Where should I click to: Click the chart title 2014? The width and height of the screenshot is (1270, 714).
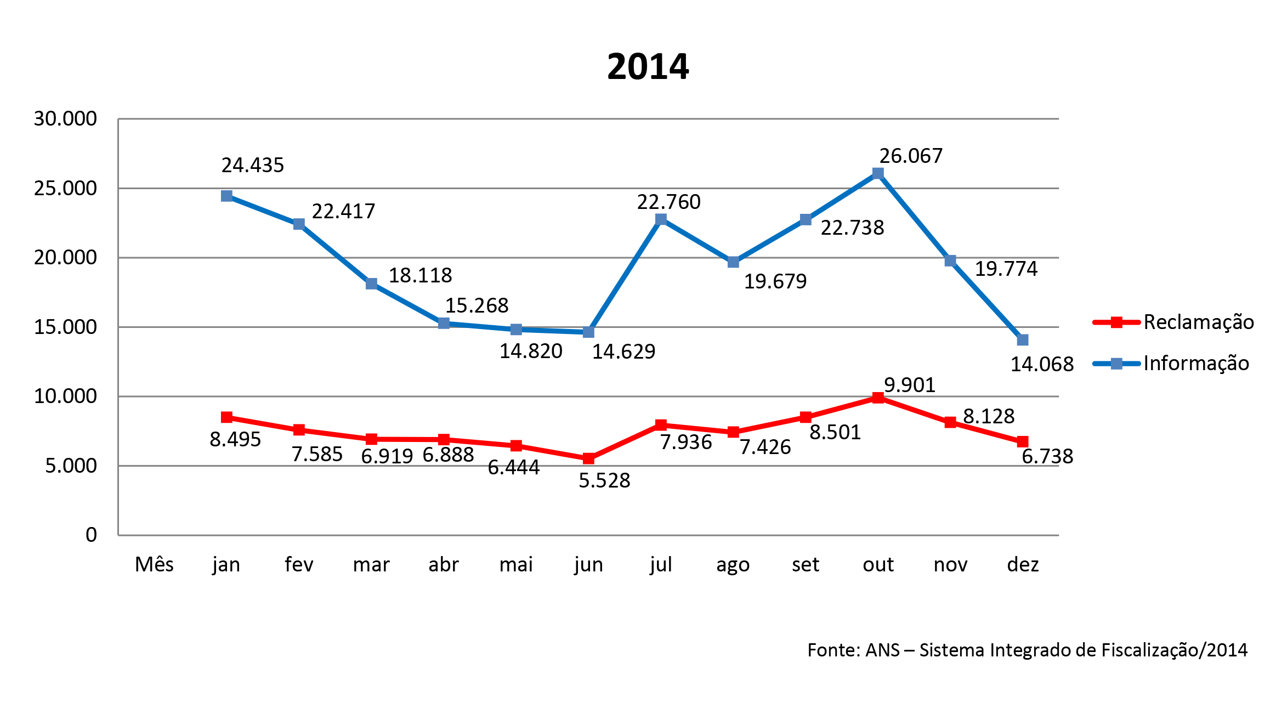(648, 67)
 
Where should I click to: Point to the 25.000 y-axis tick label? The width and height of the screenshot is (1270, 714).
(65, 188)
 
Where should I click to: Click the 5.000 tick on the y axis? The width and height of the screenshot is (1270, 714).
(71, 466)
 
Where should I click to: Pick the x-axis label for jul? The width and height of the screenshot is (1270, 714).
(661, 564)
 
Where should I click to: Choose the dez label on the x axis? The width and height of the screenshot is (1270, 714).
(1023, 564)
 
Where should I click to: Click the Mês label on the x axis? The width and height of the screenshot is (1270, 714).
(154, 564)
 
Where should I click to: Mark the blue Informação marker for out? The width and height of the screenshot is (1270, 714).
(878, 173)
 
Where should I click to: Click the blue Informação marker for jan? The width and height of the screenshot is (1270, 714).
(226, 196)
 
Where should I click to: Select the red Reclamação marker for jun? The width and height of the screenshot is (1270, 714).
(588, 458)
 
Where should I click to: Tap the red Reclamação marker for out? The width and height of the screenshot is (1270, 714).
(878, 398)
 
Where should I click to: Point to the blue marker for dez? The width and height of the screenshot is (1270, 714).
(1023, 340)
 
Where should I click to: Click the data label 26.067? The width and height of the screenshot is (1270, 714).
(911, 156)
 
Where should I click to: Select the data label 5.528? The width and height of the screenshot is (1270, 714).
(604, 481)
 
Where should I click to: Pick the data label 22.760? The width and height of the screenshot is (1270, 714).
(668, 202)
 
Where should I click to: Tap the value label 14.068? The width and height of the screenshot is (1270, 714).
(1042, 364)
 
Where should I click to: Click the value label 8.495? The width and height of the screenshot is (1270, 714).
(235, 439)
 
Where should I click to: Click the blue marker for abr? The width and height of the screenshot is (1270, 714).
(444, 323)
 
